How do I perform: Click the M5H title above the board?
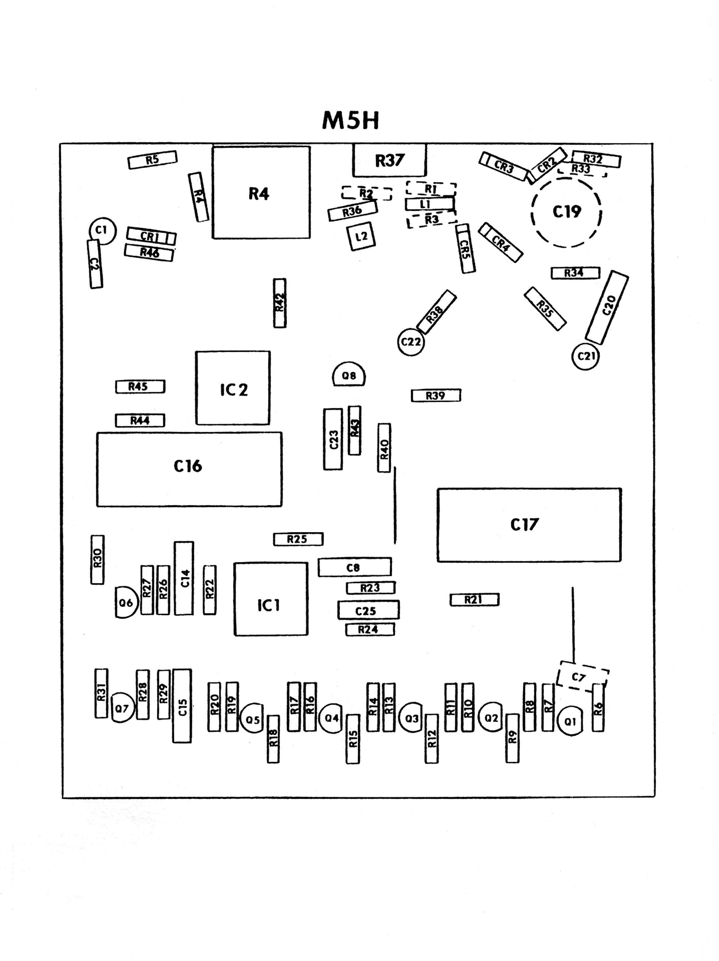(x=350, y=121)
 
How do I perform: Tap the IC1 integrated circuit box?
(x=270, y=599)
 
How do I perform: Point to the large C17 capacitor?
(x=528, y=525)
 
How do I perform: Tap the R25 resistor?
(x=298, y=539)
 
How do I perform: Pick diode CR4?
(x=500, y=242)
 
